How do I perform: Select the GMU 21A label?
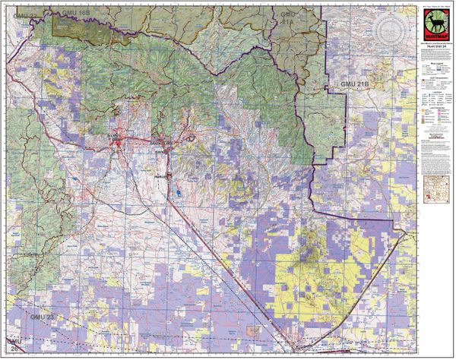click(290, 19)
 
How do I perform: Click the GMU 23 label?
click(42, 314)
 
